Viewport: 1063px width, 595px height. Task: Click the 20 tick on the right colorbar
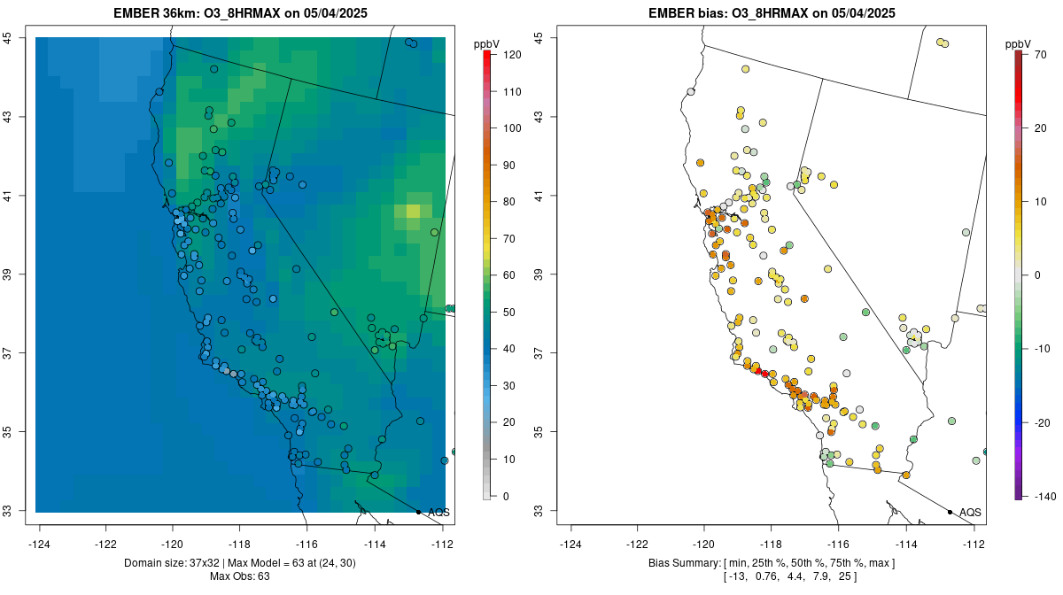point(1041,128)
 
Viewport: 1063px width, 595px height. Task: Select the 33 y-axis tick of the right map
point(539,511)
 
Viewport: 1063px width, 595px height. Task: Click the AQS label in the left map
point(438,513)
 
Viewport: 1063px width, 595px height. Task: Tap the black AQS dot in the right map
point(950,512)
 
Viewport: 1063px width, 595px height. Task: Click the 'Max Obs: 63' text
point(240,576)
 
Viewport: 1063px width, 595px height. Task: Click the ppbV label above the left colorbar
point(485,43)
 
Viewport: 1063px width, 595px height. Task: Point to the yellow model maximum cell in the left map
point(413,211)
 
